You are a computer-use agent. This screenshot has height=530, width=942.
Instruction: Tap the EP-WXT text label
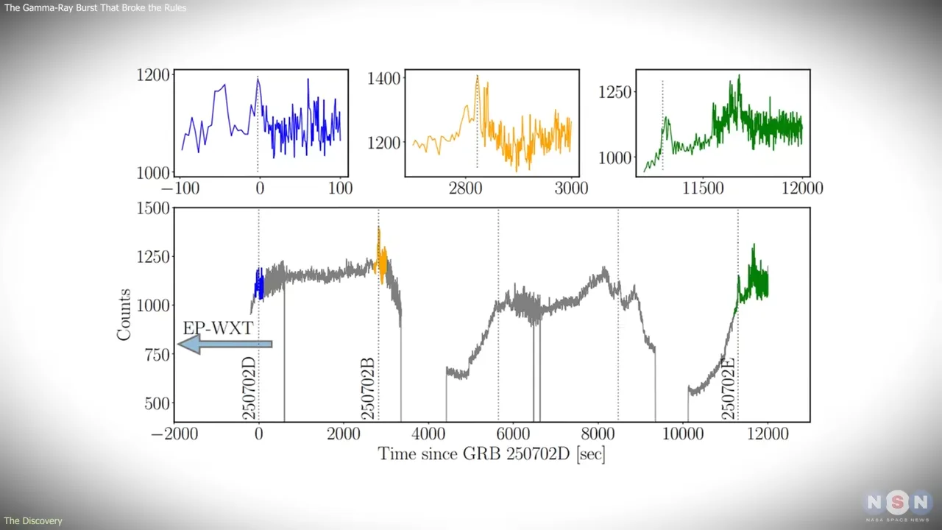coord(218,328)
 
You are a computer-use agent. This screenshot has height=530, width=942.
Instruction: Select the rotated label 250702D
coord(249,389)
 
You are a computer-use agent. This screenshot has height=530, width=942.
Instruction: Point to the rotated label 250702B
coord(369,389)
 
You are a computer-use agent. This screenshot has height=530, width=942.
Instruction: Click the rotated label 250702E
coord(729,389)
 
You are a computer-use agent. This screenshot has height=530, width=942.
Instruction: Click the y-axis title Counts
coord(124,314)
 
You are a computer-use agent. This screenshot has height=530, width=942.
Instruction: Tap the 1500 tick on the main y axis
coord(152,208)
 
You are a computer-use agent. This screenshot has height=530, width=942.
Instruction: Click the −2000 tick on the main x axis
coord(174,434)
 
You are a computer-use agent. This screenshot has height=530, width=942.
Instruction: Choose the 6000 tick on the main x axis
coord(513,434)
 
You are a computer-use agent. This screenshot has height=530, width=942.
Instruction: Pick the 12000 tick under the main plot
coord(768,434)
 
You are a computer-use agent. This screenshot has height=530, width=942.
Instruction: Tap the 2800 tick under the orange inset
coord(465,188)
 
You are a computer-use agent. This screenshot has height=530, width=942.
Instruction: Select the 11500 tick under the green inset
coord(703,188)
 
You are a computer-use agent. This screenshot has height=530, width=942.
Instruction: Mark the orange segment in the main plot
coord(381,258)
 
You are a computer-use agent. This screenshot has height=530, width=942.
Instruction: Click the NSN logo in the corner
coord(898,504)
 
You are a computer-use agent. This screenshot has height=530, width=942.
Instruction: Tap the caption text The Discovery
coord(33,521)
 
